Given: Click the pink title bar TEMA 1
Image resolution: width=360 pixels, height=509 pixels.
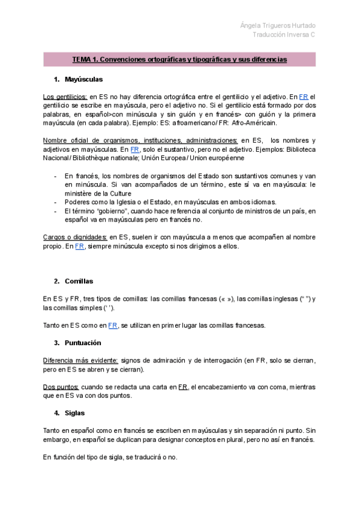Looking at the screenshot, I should pos(179,59).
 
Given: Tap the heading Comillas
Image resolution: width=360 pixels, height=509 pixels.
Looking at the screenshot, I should pos(79,281).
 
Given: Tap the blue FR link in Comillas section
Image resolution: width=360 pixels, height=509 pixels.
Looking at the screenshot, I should pos(113,325).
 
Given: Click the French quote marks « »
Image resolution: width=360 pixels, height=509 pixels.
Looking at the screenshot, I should pos(229,299).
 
